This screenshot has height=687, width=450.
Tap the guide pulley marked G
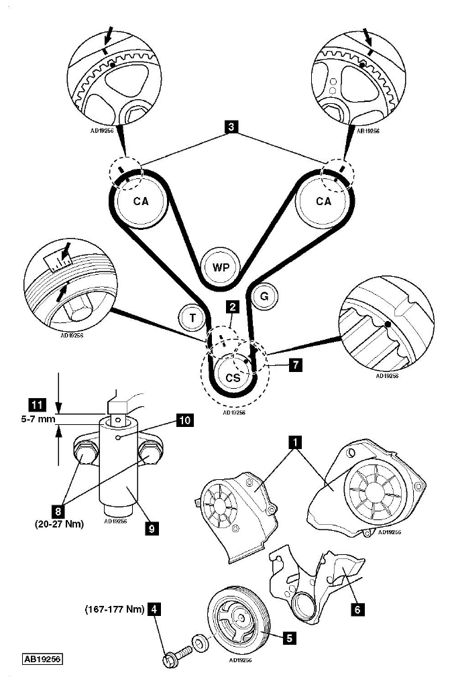pyautogui.click(x=264, y=297)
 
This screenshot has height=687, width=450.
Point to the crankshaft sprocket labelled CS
pyautogui.click(x=233, y=377)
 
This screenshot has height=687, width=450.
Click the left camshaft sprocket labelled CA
pyautogui.click(x=141, y=201)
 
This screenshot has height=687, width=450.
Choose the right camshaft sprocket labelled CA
pyautogui.click(x=323, y=201)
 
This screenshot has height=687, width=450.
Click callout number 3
pyautogui.click(x=231, y=127)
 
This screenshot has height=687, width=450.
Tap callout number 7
pyautogui.click(x=296, y=364)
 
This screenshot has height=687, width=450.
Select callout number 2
pyautogui.click(x=233, y=306)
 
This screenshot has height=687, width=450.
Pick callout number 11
pyautogui.click(x=37, y=404)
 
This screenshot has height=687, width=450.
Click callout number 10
pyautogui.click(x=184, y=420)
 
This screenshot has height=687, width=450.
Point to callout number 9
pyautogui.click(x=152, y=529)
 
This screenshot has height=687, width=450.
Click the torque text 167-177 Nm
pyautogui.click(x=115, y=609)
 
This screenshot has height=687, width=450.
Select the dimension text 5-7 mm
pyautogui.click(x=38, y=419)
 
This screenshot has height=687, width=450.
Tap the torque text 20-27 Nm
pyautogui.click(x=59, y=523)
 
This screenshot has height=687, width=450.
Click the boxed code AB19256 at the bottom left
pyautogui.click(x=42, y=659)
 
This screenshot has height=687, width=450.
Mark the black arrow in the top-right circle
pyautogui.click(x=368, y=37)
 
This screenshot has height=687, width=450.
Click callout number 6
pyautogui.click(x=357, y=609)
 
